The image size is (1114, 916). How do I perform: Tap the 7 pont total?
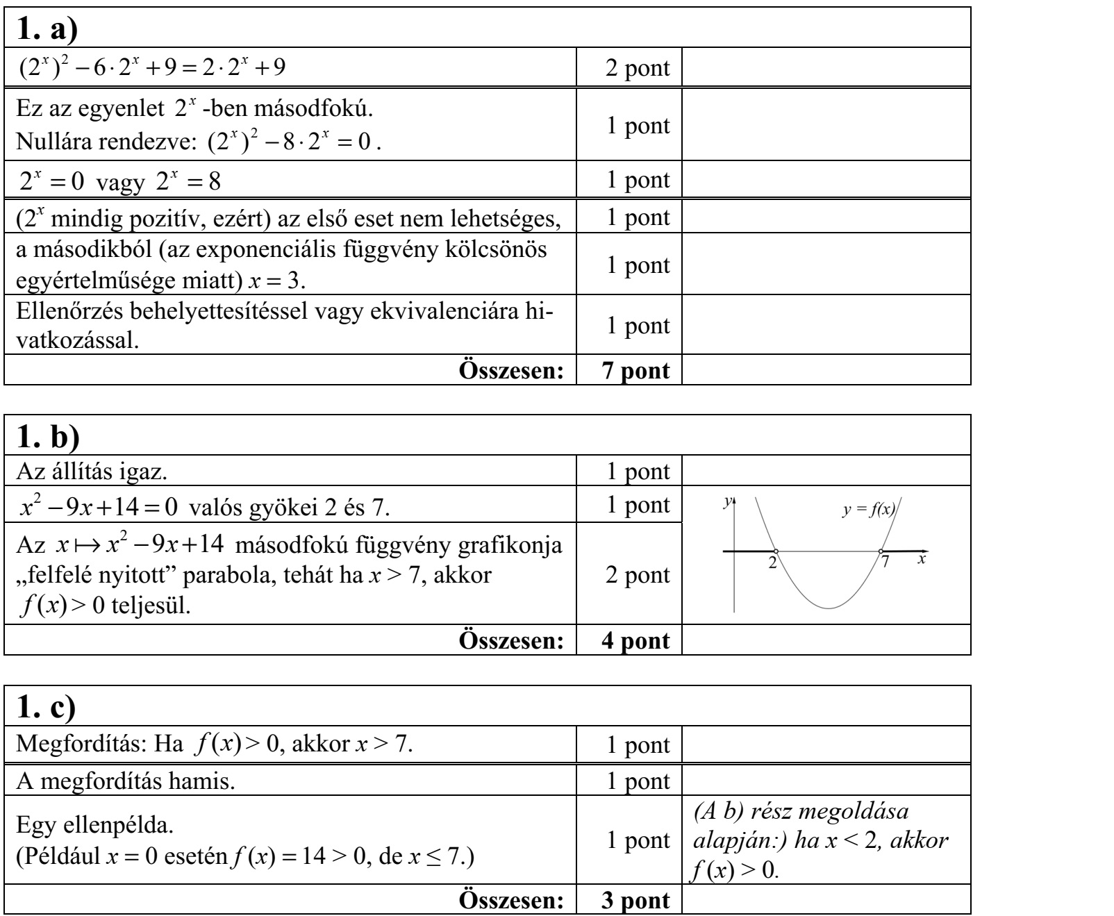tap(637, 370)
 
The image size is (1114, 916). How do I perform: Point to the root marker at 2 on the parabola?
tap(775, 551)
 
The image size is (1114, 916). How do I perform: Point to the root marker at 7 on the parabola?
tap(881, 551)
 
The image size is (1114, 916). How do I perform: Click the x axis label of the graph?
tap(922, 558)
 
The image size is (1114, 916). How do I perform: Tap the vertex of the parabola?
tap(829, 608)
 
